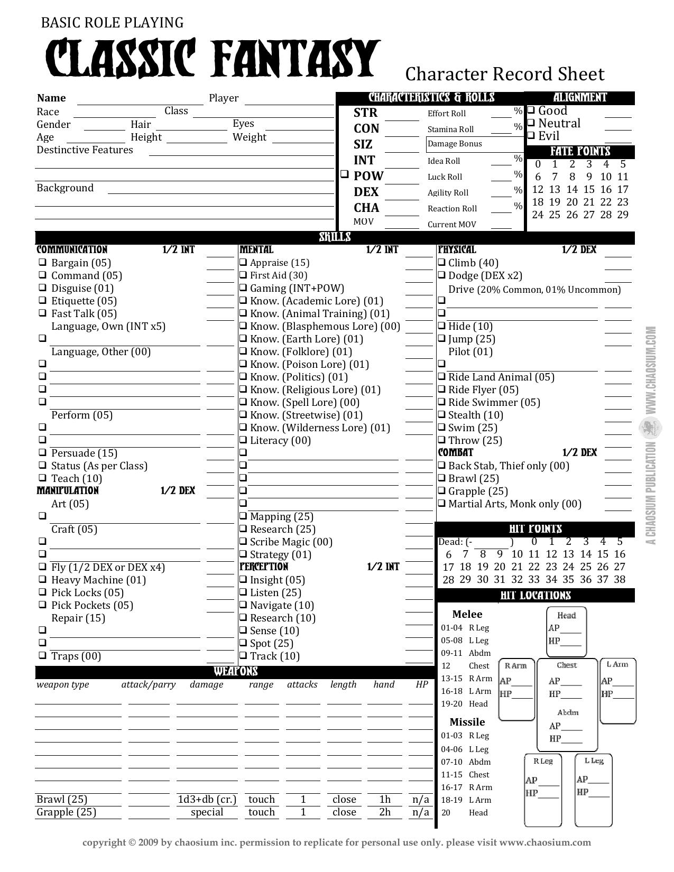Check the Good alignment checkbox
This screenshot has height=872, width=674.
pyautogui.click(x=532, y=110)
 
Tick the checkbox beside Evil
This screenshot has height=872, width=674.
pyautogui.click(x=532, y=136)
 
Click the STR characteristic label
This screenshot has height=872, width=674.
pyautogui.click(x=365, y=113)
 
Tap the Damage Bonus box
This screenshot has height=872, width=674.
pyautogui.click(x=474, y=144)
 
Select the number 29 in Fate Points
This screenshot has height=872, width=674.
pyautogui.click(x=623, y=215)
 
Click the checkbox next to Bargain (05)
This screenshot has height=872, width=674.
pyautogui.click(x=42, y=263)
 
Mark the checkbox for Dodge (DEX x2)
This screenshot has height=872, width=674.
pyautogui.click(x=441, y=275)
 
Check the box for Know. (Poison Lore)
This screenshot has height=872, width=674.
pyautogui.click(x=243, y=364)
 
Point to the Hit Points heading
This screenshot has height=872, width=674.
pyautogui.click(x=535, y=529)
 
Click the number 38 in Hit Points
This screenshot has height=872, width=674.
pyautogui.click(x=620, y=579)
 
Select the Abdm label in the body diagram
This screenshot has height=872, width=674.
pyautogui.click(x=568, y=712)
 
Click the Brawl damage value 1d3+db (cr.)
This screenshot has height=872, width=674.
pyautogui.click(x=207, y=799)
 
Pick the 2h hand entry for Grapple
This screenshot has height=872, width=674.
pyautogui.click(x=384, y=812)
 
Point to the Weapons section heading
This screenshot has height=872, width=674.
pyautogui.click(x=236, y=672)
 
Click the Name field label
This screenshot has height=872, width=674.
pyautogui.click(x=51, y=98)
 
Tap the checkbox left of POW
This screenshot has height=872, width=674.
pyautogui.click(x=344, y=174)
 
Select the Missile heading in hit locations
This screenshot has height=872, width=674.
pyautogui.click(x=467, y=722)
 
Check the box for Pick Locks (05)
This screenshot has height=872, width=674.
pyautogui.click(x=42, y=592)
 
